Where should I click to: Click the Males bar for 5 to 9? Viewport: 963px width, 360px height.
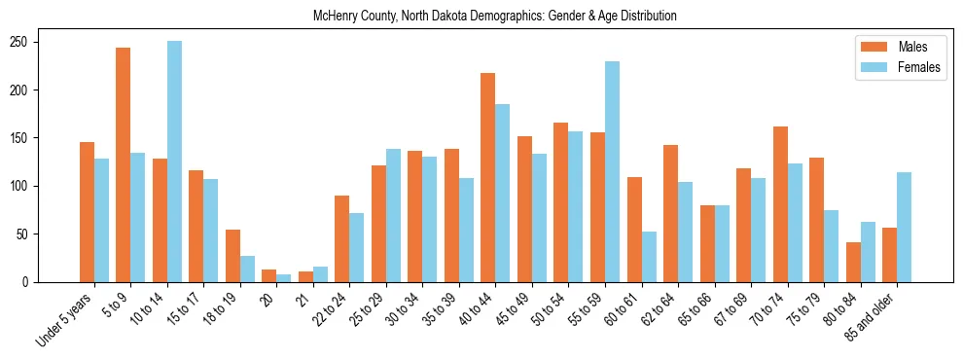pos(124,164)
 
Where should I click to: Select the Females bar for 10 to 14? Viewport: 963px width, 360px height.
pos(174,162)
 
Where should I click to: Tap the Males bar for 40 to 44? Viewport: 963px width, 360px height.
pos(487,177)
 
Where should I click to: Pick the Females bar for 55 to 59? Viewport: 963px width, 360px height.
pos(612,171)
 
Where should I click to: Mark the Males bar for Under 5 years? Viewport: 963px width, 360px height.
pos(87,212)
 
